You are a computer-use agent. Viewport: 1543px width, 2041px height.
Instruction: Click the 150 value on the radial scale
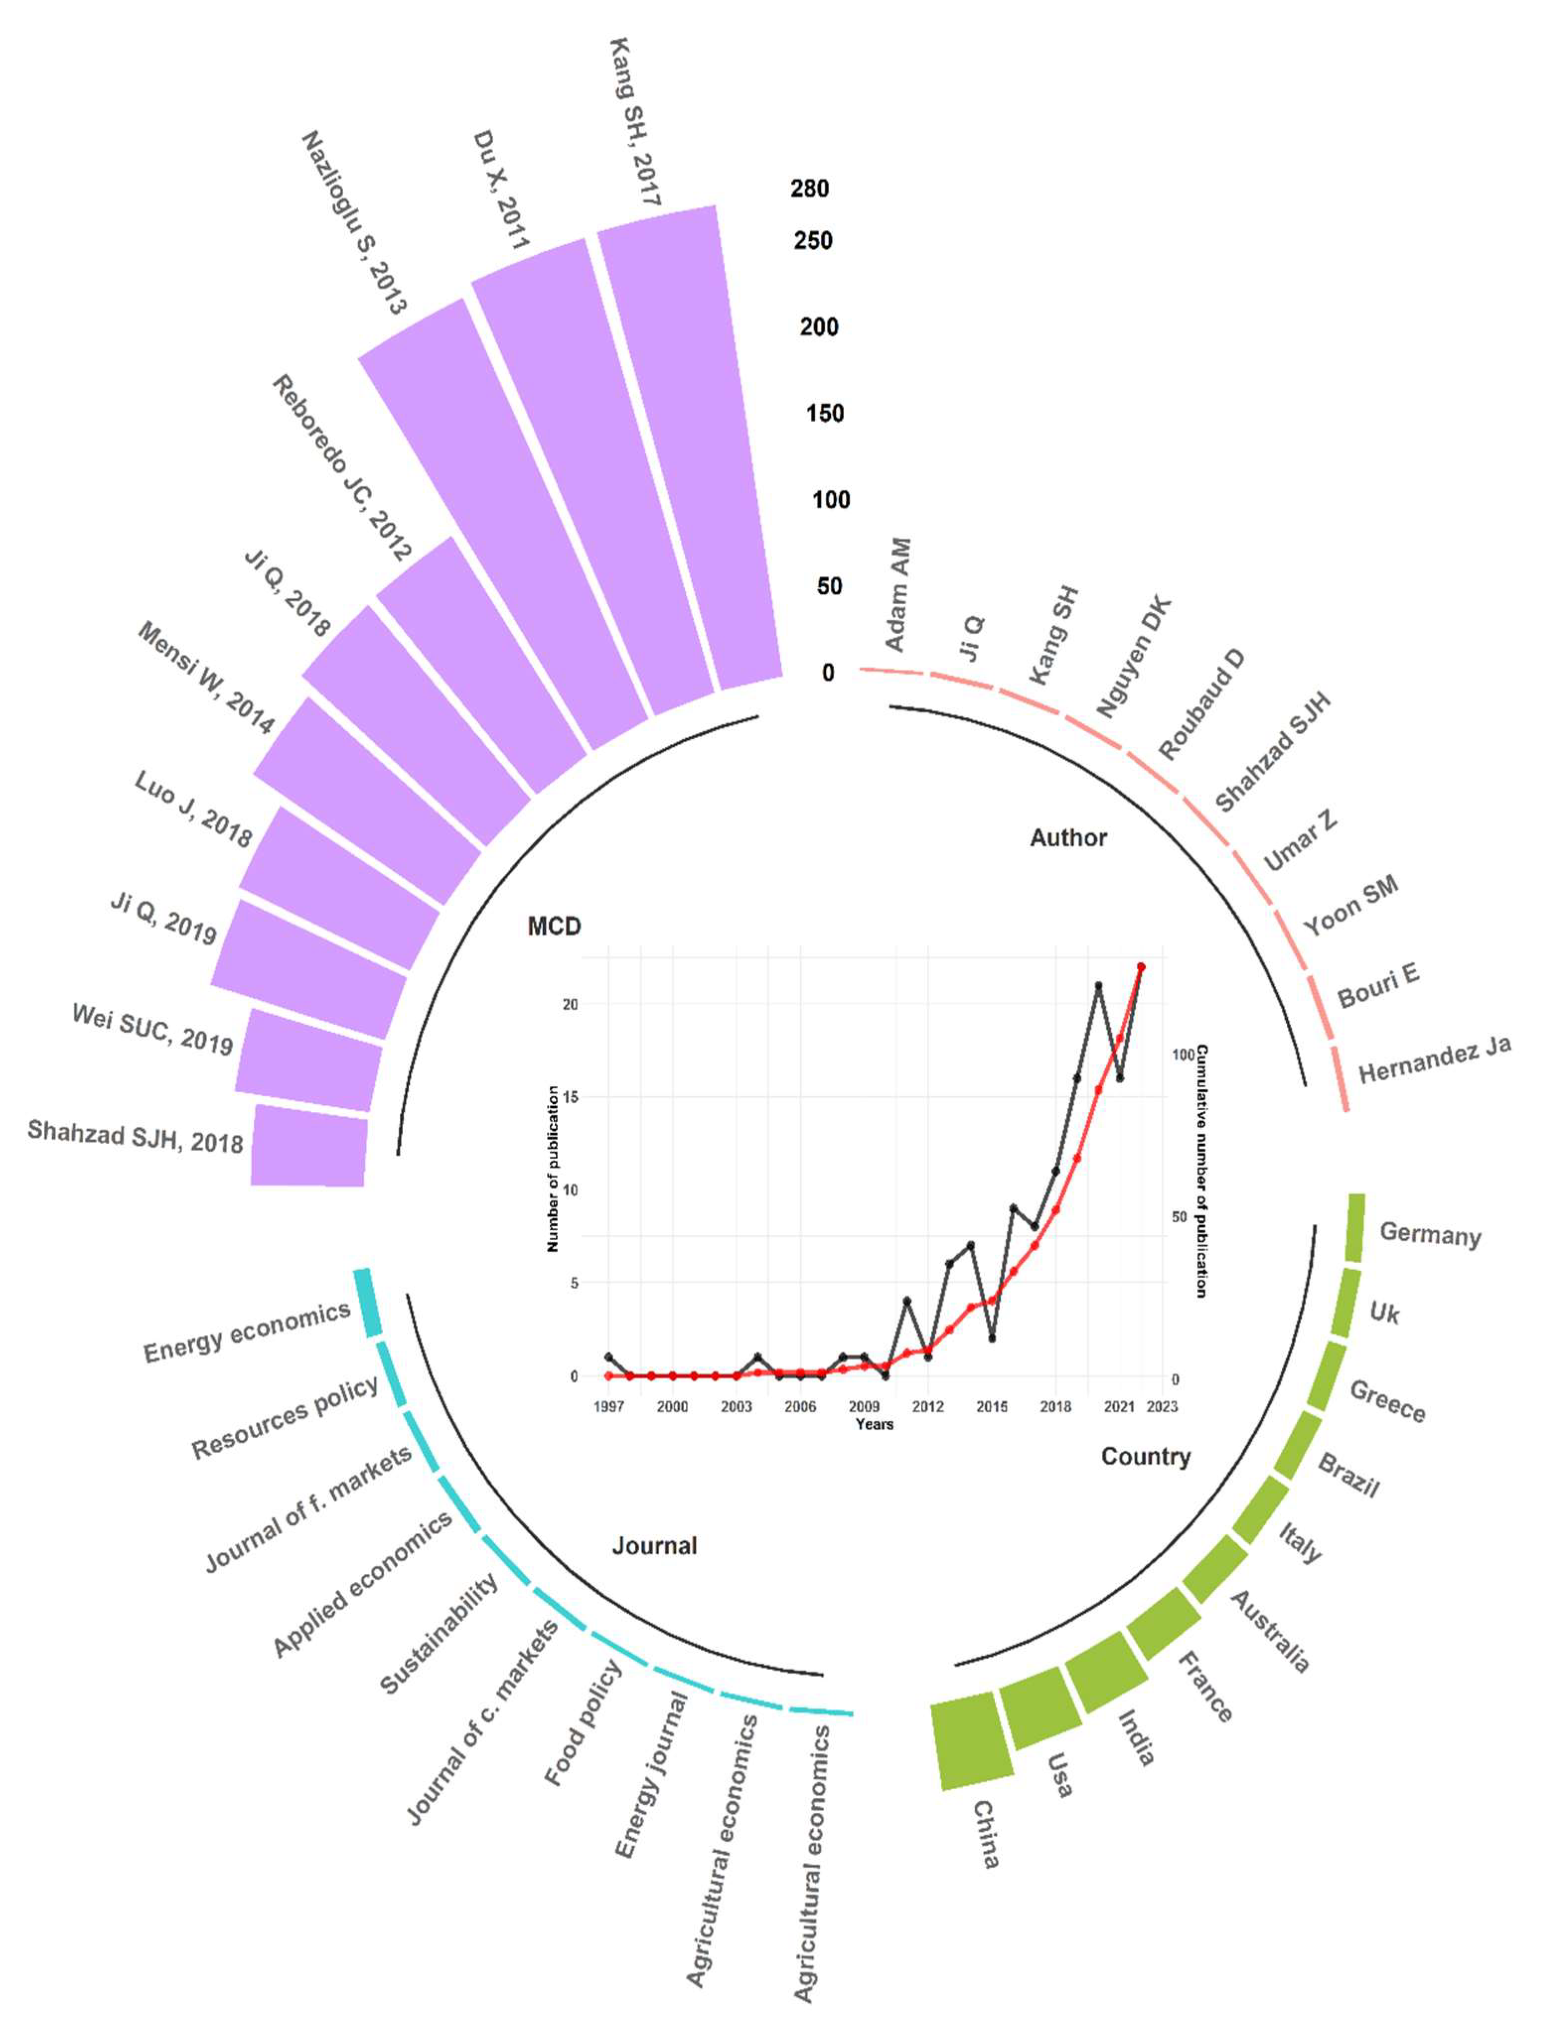pyautogui.click(x=824, y=414)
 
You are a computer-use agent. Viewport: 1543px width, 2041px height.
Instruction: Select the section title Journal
pyautogui.click(x=655, y=1546)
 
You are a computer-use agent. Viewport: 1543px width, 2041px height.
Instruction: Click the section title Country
pyautogui.click(x=1145, y=1456)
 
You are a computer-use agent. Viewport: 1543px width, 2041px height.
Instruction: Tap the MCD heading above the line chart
pyautogui.click(x=554, y=926)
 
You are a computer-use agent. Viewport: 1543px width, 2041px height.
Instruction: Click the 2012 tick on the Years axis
pyautogui.click(x=928, y=1406)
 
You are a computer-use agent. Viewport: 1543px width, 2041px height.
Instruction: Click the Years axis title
pyautogui.click(x=874, y=1424)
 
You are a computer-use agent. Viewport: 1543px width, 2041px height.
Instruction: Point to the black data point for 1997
pyautogui.click(x=608, y=1356)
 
